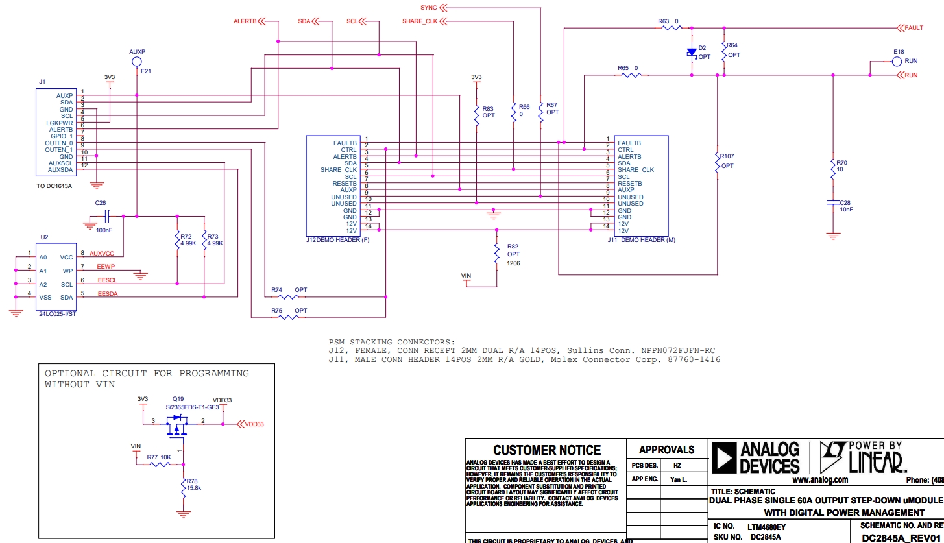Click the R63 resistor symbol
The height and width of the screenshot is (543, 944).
(668, 28)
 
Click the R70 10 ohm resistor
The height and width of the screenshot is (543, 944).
(833, 170)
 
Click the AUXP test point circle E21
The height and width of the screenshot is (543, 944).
(137, 61)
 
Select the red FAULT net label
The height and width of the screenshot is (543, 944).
(914, 28)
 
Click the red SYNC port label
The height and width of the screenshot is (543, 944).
(428, 8)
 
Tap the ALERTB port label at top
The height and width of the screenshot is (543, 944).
(245, 21)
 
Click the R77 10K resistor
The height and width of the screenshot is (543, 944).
(160, 465)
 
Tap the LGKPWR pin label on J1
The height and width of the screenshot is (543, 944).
(59, 123)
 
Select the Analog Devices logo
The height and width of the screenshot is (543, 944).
(756, 457)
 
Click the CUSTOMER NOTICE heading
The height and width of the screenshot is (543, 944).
(547, 450)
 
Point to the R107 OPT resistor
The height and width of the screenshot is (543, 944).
(718, 163)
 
